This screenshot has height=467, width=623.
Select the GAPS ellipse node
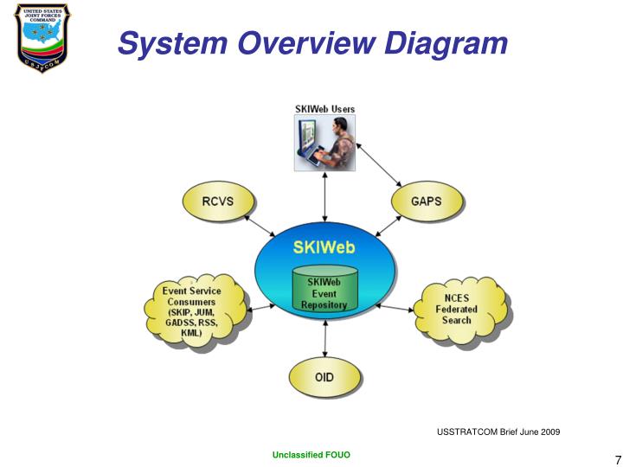pos(426,202)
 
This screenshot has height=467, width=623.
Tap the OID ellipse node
pos(324,378)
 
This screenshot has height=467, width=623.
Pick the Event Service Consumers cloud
pos(191,311)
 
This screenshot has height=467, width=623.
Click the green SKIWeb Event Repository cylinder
pos(324,292)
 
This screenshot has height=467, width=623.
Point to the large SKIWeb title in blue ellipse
pos(324,246)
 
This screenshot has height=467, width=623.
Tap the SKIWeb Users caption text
pos(324,109)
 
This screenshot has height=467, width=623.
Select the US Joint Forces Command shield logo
pos(43,37)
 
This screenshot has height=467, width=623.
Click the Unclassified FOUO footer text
pos(311,455)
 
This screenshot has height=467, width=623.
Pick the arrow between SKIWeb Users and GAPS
pos(380,162)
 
